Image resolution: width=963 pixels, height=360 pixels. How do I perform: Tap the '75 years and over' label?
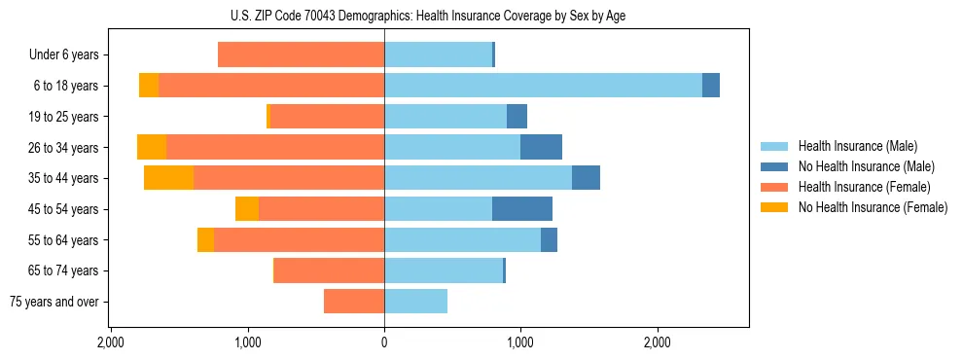pyautogui.click(x=54, y=302)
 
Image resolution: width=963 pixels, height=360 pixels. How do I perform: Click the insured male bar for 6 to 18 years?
pyautogui.click(x=543, y=86)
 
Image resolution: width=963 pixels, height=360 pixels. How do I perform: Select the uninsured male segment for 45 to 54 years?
pyautogui.click(x=522, y=209)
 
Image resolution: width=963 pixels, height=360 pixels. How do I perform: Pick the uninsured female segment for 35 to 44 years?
pyautogui.click(x=168, y=178)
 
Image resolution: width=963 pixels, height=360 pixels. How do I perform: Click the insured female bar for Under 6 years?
pyautogui.click(x=301, y=55)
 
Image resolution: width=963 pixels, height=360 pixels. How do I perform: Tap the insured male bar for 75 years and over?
pyautogui.click(x=415, y=302)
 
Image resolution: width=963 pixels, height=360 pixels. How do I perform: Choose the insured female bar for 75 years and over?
pyautogui.click(x=354, y=302)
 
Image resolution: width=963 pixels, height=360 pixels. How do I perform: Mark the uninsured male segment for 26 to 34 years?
pyautogui.click(x=541, y=148)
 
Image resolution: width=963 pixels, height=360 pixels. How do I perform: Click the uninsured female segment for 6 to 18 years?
pyautogui.click(x=149, y=86)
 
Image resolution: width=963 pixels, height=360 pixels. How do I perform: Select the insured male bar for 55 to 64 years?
pyautogui.click(x=462, y=240)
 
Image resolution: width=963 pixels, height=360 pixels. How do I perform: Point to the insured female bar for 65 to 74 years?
pyautogui.click(x=330, y=270)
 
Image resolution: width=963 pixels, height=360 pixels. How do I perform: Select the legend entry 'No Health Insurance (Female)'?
pyautogui.click(x=873, y=207)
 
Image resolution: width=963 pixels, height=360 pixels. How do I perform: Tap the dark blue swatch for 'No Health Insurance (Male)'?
pyautogui.click(x=774, y=166)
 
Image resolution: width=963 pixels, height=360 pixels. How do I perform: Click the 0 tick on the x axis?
pyautogui.click(x=384, y=342)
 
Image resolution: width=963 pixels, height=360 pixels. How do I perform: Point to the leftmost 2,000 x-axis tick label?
pyautogui.click(x=111, y=342)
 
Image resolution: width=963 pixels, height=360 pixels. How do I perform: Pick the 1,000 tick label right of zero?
pyautogui.click(x=520, y=342)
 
